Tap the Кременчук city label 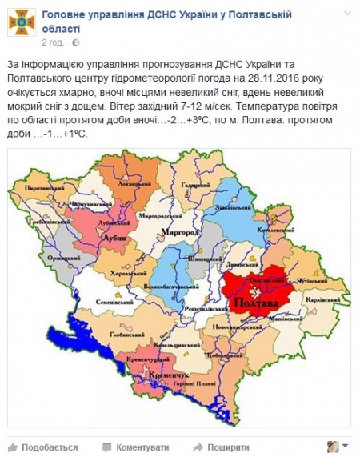pyautogui.click(x=166, y=375)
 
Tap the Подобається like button pyautogui.click(x=32, y=447)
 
